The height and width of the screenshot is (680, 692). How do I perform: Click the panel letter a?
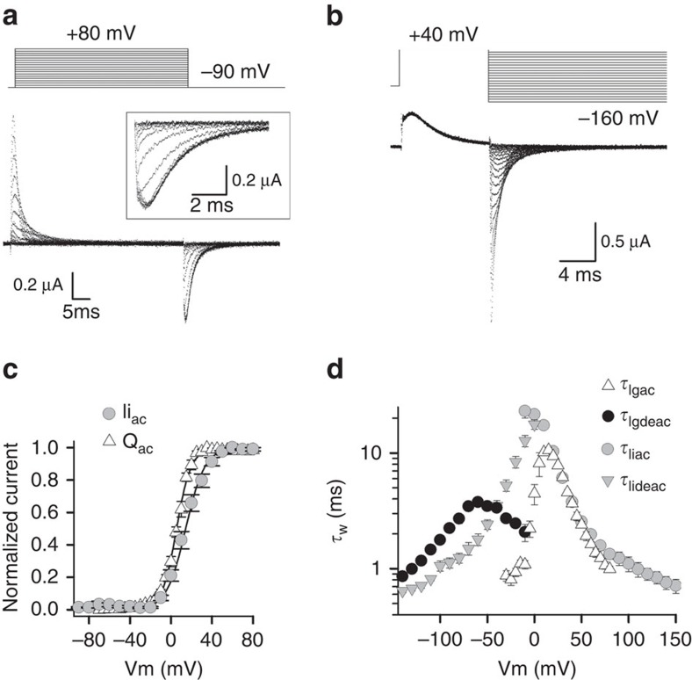(x=12, y=14)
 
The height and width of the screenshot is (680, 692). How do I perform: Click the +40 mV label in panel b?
(x=443, y=36)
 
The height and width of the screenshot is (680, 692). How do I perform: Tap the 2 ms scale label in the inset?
(x=205, y=203)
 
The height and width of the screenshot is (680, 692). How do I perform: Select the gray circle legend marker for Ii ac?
(x=108, y=413)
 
